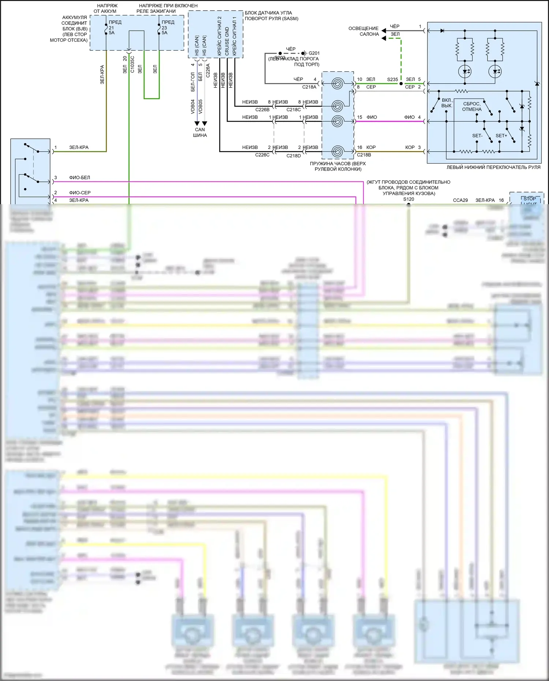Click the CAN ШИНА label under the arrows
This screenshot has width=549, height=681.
[200, 132]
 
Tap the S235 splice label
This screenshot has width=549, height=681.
[392, 79]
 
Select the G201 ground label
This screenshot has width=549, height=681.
[314, 53]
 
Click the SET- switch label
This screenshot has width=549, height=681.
[477, 136]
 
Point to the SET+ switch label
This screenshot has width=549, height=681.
[501, 136]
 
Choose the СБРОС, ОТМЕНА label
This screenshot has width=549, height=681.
[472, 106]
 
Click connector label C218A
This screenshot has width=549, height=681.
[309, 87]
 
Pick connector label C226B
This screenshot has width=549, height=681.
[262, 109]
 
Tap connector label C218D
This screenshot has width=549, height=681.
[294, 156]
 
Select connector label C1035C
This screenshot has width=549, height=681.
[132, 64]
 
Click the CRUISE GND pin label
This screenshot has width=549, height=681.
[227, 41]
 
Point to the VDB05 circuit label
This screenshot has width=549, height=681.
[200, 106]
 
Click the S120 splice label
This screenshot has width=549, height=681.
[408, 199]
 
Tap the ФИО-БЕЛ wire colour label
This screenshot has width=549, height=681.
[79, 177]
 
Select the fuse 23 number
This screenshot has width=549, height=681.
[164, 28]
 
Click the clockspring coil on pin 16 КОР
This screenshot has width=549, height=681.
[337, 151]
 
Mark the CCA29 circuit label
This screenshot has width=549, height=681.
[460, 200]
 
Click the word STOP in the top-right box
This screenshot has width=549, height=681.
[530, 199]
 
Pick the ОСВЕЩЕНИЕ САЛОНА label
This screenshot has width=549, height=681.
[363, 31]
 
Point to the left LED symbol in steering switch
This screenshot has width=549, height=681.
[465, 72]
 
